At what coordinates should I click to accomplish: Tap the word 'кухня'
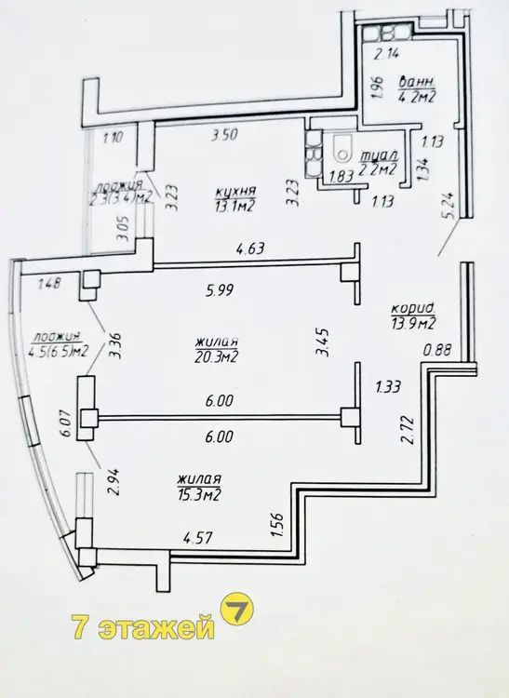click(x=235, y=192)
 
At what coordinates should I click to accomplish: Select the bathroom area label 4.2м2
click(x=418, y=96)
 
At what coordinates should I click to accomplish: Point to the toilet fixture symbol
click(x=343, y=151)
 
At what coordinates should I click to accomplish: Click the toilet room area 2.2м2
click(x=378, y=169)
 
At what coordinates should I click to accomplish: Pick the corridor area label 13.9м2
click(x=412, y=323)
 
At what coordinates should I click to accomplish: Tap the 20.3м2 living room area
click(x=216, y=356)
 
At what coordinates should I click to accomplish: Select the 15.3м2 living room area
click(x=199, y=494)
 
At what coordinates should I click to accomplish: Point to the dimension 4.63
click(x=250, y=248)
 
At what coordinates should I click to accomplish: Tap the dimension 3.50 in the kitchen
click(x=224, y=134)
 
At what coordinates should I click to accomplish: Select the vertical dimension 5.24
click(x=449, y=206)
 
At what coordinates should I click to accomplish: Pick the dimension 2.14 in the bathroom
click(x=386, y=54)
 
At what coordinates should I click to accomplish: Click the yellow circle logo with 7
click(x=236, y=609)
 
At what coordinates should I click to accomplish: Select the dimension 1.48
click(x=50, y=283)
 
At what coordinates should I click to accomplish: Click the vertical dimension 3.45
click(x=322, y=342)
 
